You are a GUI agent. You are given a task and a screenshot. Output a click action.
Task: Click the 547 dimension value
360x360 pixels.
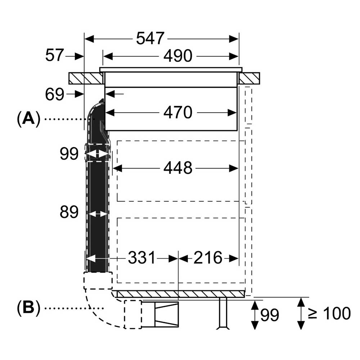tap(150, 39)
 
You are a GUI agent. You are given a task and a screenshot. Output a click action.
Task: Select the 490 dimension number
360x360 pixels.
tap(178, 56)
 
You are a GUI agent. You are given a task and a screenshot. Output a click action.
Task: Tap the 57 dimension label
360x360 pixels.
tap(54, 55)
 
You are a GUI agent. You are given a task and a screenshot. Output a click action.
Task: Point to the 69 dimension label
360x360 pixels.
tap(54, 94)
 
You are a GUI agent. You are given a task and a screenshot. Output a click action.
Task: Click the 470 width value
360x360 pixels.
tap(178, 112)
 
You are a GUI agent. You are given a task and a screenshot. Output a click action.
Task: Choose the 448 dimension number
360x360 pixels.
tap(178, 168)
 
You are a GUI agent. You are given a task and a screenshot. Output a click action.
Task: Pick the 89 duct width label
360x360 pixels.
tap(69, 212)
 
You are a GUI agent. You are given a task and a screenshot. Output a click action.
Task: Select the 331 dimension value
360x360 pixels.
tap(141, 258)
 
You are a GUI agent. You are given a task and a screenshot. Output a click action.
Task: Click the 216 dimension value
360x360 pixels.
tap(208, 258)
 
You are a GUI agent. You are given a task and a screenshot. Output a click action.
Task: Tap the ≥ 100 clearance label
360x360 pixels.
tap(329, 313)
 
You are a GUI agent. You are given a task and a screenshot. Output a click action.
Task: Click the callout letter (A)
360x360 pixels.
tap(28, 119)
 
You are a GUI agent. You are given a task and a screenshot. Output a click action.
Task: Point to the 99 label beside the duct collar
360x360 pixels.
tap(69, 153)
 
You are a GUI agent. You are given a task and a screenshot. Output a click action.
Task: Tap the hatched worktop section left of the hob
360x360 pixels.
tap(86, 78)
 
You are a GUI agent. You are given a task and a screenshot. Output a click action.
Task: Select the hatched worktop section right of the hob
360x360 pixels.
tap(249, 78)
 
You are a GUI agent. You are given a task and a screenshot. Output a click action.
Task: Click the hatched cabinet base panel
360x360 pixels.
tap(180, 294)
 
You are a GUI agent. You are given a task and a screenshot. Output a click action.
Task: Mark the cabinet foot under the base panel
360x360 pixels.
tap(223, 314)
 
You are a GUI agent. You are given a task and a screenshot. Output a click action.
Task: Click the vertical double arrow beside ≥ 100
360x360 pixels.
tap(301, 314)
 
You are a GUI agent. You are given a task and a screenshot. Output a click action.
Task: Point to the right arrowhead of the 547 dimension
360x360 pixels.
tap(234, 39)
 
